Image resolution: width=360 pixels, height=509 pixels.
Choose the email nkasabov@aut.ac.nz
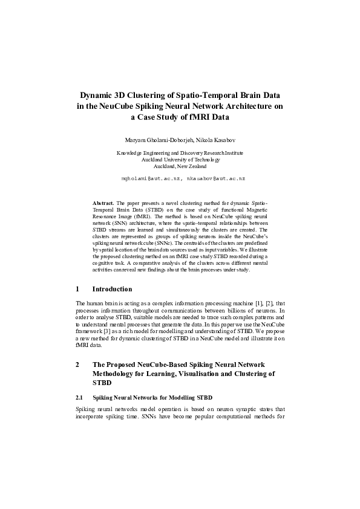pos(216,179)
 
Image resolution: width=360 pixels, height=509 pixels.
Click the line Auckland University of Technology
pos(180,160)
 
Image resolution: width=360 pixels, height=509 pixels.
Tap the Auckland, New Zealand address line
pos(180,166)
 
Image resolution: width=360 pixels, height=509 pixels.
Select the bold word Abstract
pos(103,203)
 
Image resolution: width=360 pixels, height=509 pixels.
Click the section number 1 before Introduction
pos(77,289)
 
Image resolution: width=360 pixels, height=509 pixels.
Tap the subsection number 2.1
pos(80,398)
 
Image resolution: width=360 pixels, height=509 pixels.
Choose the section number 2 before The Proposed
pos(77,365)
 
